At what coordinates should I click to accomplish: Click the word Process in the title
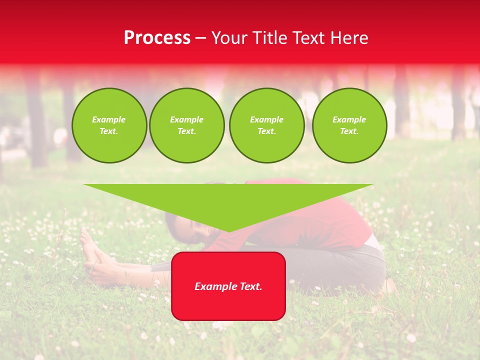[x=157, y=38]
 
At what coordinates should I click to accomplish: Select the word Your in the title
[x=228, y=38]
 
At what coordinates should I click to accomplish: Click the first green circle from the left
[x=109, y=125]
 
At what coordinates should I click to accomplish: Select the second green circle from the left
[x=187, y=125]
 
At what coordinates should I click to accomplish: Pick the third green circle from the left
[x=266, y=125]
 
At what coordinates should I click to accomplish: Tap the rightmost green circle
[x=349, y=125]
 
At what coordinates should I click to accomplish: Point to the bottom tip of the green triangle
[x=228, y=231]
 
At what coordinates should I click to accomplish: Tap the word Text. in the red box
[x=250, y=286]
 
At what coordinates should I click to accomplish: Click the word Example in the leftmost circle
[x=109, y=120]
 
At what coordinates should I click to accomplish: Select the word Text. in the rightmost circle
[x=349, y=131]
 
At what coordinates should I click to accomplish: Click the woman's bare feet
[x=92, y=250]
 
